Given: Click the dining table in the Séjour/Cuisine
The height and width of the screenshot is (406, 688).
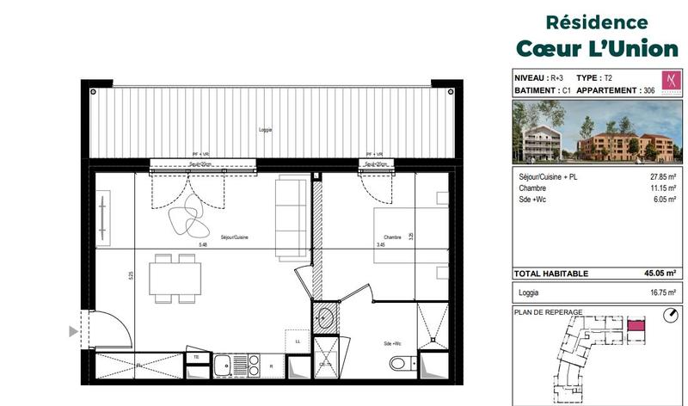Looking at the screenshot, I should click(x=175, y=278).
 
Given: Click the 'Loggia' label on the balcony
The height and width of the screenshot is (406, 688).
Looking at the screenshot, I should click(x=265, y=130).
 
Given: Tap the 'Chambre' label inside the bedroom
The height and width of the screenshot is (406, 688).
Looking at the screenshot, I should click(x=383, y=237).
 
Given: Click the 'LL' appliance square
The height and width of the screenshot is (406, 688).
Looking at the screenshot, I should click(x=297, y=341).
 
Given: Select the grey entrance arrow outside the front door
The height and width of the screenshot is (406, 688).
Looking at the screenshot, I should click(x=73, y=330).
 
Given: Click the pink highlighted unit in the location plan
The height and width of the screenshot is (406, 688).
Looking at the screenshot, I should click(x=635, y=326).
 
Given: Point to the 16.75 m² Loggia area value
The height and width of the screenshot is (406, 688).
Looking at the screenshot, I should click(x=661, y=292).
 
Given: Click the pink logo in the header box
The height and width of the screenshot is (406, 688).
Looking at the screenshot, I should click(x=667, y=83).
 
